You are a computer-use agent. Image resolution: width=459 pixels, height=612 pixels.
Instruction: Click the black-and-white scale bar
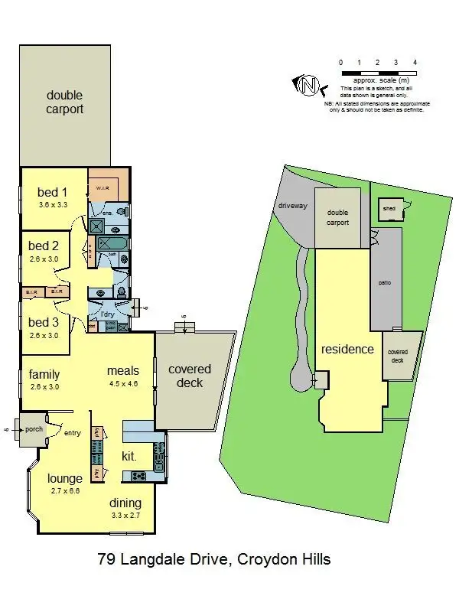pyautogui.click(x=378, y=73)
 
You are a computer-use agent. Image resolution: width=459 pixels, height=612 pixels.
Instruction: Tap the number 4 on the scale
pyautogui.click(x=415, y=62)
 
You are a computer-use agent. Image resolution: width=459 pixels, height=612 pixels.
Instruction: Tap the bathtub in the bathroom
pyautogui.click(x=113, y=243)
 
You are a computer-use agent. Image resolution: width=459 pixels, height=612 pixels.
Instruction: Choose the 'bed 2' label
pyautogui.click(x=44, y=246)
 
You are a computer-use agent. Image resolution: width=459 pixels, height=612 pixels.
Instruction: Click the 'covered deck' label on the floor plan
pyautogui.click(x=190, y=376)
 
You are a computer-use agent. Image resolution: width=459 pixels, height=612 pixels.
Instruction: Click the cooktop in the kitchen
pyautogui.click(x=140, y=476)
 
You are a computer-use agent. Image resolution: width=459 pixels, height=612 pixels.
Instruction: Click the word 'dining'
pyautogui.click(x=125, y=503)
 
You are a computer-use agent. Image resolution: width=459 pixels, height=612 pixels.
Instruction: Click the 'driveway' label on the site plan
pyautogui.click(x=292, y=205)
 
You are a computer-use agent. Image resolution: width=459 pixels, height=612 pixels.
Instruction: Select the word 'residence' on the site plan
pyautogui.click(x=347, y=349)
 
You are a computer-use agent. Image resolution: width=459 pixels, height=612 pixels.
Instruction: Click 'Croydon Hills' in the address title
pyautogui.click(x=285, y=559)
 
